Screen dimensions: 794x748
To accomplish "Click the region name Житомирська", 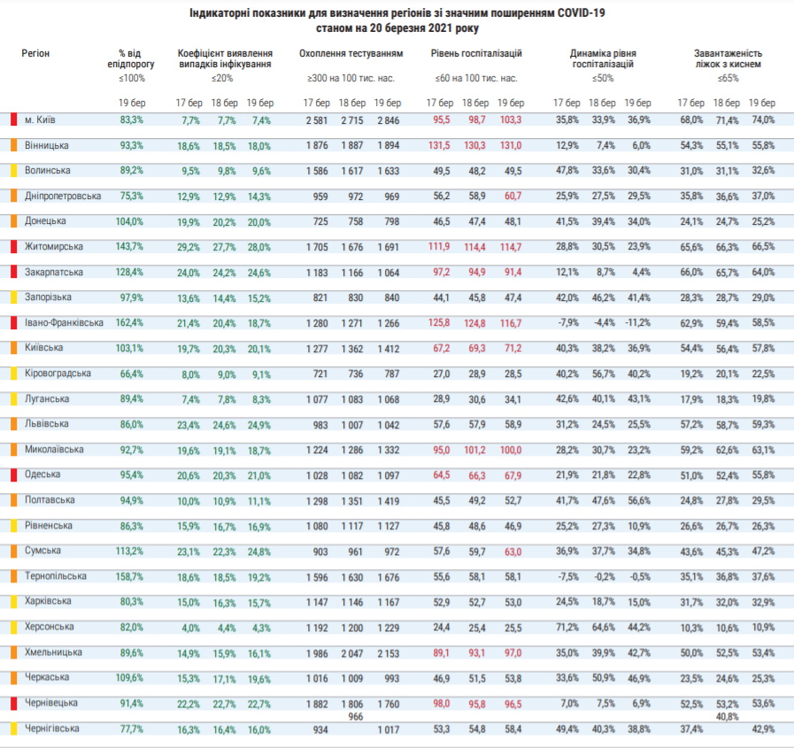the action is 54,247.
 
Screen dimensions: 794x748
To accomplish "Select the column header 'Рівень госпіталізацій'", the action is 476,53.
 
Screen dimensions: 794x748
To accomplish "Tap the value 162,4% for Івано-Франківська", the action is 129,322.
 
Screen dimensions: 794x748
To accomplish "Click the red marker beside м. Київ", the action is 13,120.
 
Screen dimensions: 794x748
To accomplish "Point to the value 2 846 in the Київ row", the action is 388,120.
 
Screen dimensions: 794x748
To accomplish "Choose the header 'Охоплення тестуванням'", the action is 351,53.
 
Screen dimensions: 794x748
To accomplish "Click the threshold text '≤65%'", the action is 728,78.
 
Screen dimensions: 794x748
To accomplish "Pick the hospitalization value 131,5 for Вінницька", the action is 439,145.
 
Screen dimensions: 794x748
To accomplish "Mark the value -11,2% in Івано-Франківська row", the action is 636,322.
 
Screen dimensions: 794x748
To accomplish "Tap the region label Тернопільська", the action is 56,575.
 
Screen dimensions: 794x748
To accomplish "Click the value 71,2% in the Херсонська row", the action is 567,627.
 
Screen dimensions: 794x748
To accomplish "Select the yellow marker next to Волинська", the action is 13,170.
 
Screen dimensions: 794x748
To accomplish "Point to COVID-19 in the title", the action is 581,12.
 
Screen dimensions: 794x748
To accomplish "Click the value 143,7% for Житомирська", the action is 129,247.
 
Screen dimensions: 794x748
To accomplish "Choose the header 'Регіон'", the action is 35,53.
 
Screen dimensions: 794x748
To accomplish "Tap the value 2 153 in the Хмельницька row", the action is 388,653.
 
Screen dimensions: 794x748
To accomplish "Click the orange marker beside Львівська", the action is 13,424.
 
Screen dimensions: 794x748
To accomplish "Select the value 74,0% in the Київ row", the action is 763,120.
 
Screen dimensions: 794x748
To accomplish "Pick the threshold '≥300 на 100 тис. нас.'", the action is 351,79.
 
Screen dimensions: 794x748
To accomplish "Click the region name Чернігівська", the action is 52,729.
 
